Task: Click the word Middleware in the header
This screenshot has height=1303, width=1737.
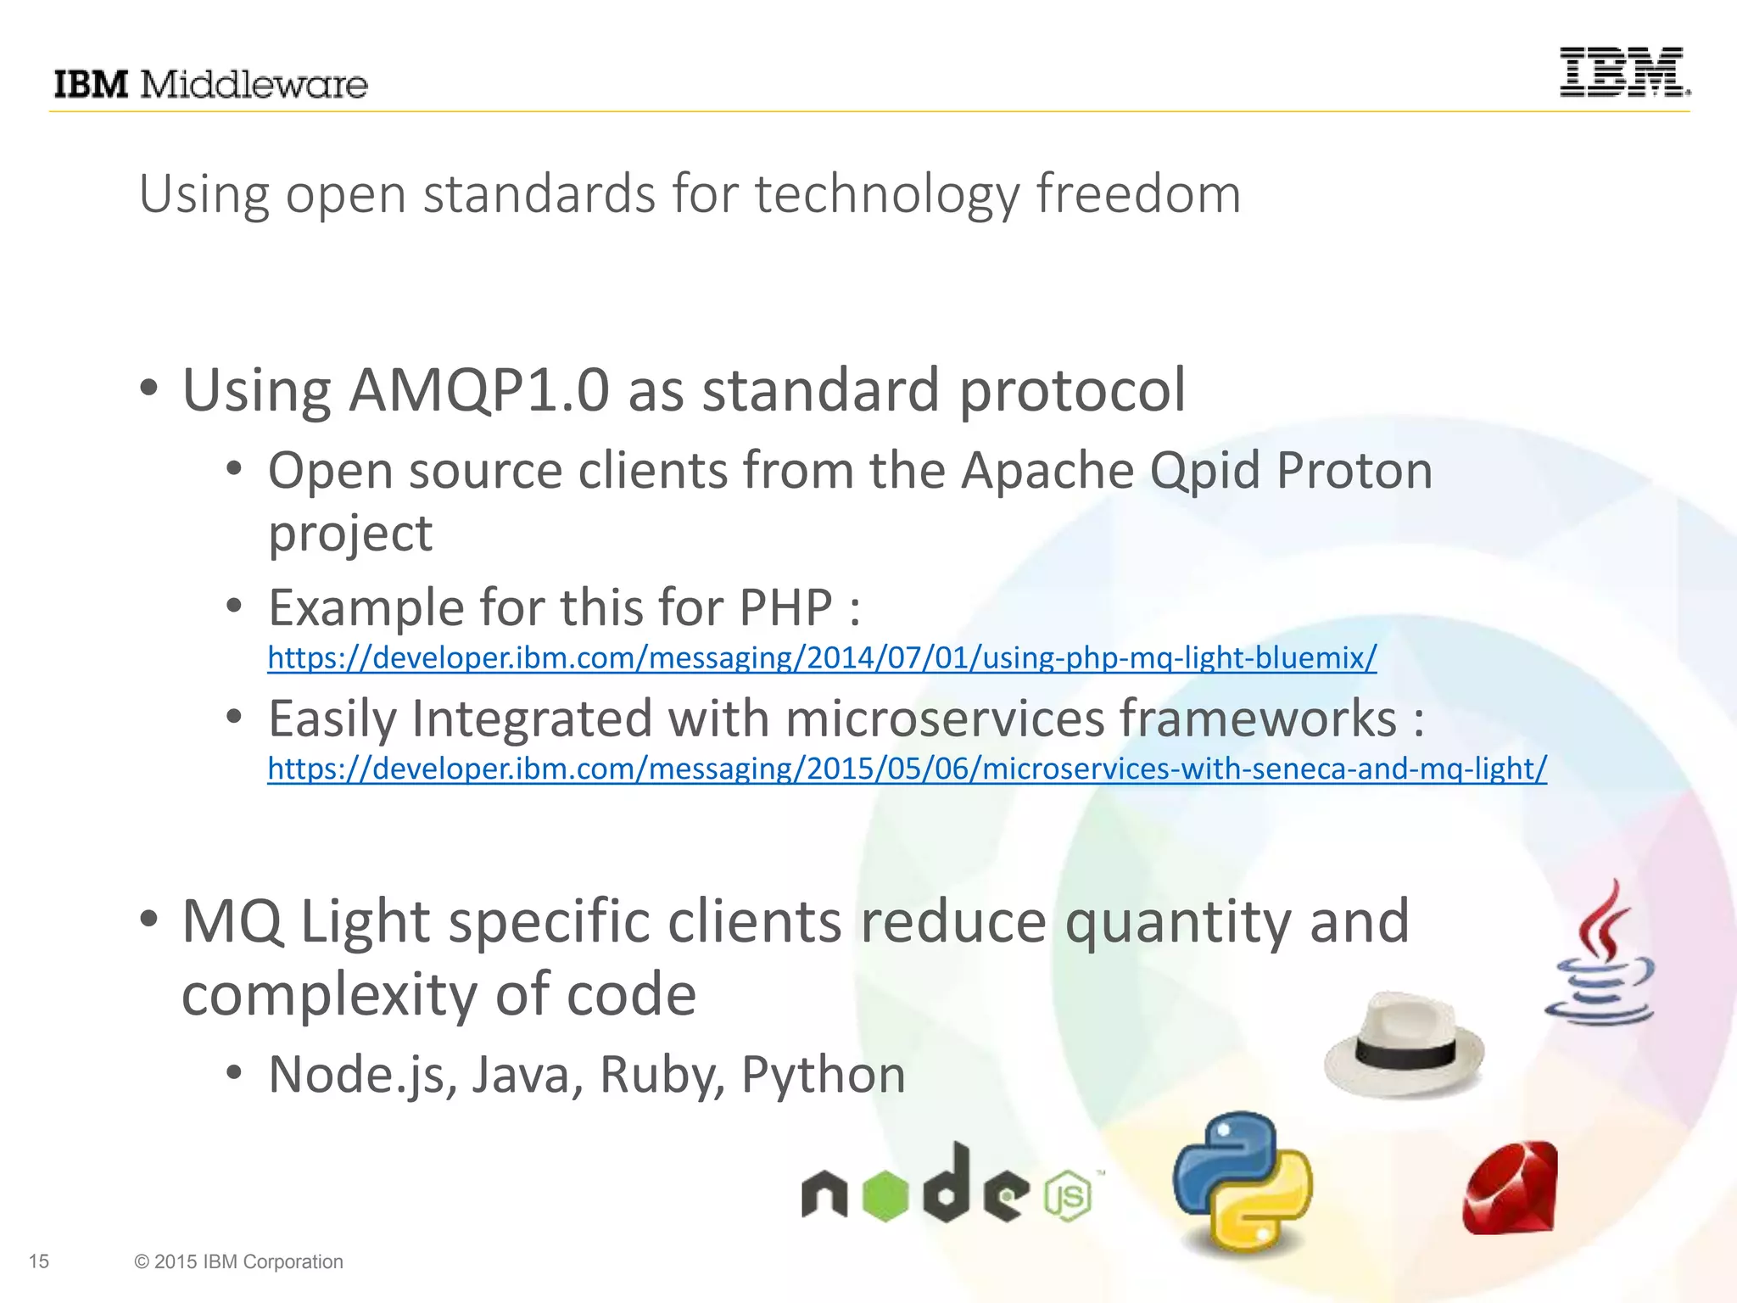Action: point(253,85)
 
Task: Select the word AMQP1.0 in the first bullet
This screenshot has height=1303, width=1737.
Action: point(479,390)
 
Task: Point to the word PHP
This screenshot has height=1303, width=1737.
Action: point(785,607)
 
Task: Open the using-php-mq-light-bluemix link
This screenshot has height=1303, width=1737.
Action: point(822,657)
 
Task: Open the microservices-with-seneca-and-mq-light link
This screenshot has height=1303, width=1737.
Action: point(907,769)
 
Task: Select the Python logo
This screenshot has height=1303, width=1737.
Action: point(1242,1181)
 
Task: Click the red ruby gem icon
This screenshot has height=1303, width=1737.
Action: point(1511,1188)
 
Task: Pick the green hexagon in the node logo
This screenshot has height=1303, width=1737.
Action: point(885,1196)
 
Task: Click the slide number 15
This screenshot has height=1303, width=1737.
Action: point(39,1261)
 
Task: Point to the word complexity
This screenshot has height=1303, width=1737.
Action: point(329,994)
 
